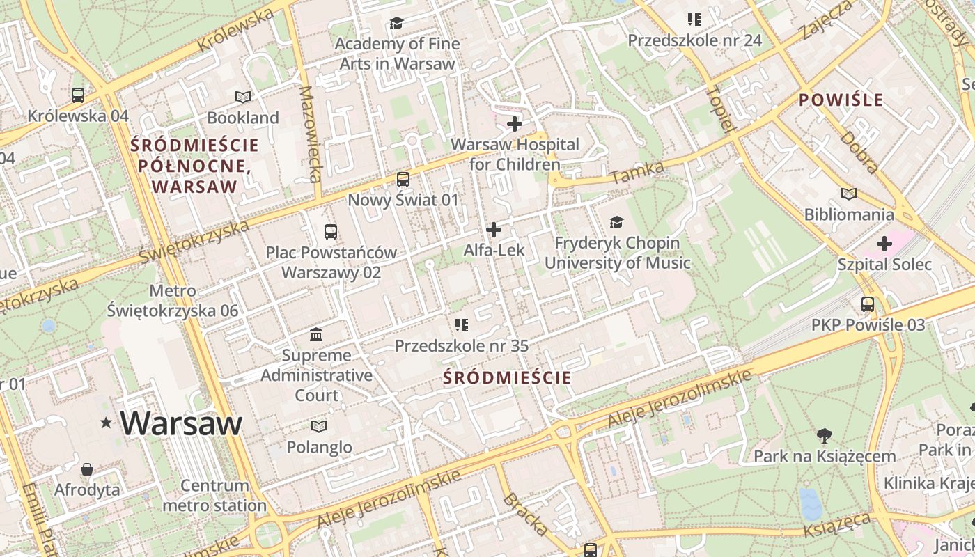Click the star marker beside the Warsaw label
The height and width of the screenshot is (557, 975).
pyautogui.click(x=106, y=423)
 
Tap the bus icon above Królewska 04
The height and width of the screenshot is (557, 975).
pyautogui.click(x=78, y=95)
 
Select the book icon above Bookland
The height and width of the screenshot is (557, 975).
pyautogui.click(x=242, y=97)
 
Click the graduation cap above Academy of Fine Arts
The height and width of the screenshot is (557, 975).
pyautogui.click(x=396, y=24)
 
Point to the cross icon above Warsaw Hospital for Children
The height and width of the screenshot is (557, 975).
pyautogui.click(x=515, y=125)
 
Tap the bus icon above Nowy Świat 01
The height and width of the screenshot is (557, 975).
pyautogui.click(x=403, y=180)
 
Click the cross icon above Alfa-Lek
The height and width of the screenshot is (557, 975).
pyautogui.click(x=494, y=229)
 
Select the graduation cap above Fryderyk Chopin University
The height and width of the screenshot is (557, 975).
pyautogui.click(x=616, y=222)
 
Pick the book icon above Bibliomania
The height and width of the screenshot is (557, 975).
pyautogui.click(x=848, y=194)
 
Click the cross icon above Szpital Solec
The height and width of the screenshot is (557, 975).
pyautogui.click(x=884, y=244)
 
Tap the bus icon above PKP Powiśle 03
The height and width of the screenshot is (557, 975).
pyautogui.click(x=868, y=304)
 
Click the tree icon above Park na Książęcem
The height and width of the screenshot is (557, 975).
pyautogui.click(x=824, y=436)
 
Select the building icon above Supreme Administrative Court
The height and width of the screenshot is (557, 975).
pyautogui.click(x=316, y=335)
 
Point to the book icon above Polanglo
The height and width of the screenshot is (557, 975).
pyautogui.click(x=319, y=426)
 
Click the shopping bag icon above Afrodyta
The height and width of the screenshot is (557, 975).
pyautogui.click(x=87, y=469)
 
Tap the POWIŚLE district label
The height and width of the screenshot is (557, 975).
pyautogui.click(x=841, y=100)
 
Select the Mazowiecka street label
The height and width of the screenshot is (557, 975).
pyautogui.click(x=311, y=134)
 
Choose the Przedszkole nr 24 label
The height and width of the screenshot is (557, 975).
pyautogui.click(x=694, y=40)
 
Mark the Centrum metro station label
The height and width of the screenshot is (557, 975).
pyautogui.click(x=214, y=495)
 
